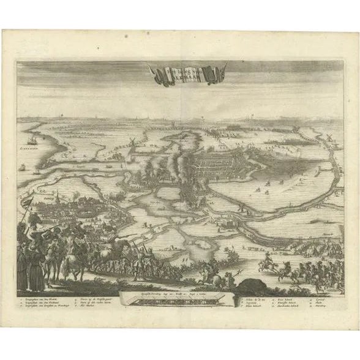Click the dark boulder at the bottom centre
click(x=251, y=285)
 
